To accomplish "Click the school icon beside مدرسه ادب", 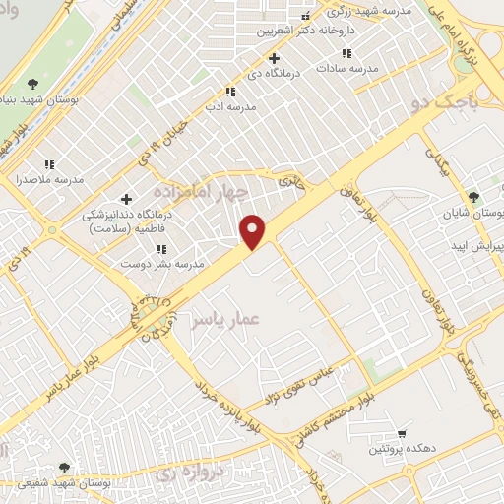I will tap(229, 92).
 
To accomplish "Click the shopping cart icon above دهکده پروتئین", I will tap(402, 434).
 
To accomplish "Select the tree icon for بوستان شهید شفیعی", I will tap(65, 468).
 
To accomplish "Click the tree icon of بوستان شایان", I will tap(473, 197).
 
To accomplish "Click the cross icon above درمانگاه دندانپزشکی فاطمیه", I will tap(126, 199).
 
